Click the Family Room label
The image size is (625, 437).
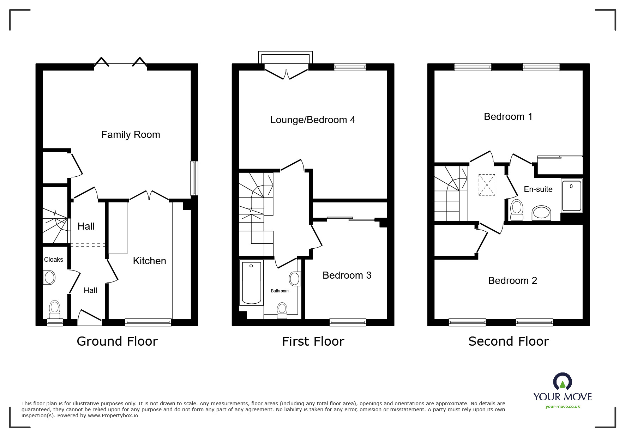(x=131, y=135)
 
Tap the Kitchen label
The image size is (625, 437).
(x=149, y=261)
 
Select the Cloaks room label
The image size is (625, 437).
(x=54, y=260)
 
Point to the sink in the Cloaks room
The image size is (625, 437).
(x=49, y=278)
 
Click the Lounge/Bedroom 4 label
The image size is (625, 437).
(x=313, y=120)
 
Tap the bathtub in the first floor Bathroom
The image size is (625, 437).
(x=252, y=283)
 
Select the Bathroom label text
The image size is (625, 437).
(x=280, y=291)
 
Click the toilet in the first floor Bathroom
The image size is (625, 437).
(x=282, y=310)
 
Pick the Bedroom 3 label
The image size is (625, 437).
(x=347, y=275)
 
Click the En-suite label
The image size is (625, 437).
(x=538, y=189)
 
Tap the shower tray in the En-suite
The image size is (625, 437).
(x=571, y=196)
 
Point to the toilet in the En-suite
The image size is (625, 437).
(x=517, y=210)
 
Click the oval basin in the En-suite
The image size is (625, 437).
(x=541, y=213)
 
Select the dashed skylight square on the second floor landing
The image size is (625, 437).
(x=487, y=184)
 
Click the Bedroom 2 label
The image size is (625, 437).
(x=512, y=281)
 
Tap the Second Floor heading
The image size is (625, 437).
(x=509, y=341)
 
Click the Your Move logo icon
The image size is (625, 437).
(x=562, y=382)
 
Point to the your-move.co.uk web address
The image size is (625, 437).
(x=563, y=407)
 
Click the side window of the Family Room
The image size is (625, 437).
(x=194, y=178)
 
